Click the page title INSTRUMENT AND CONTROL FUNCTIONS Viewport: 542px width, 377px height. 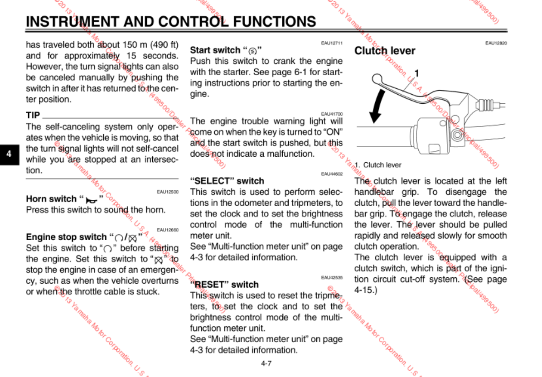pos(171,21)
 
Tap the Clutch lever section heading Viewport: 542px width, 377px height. pos(384,51)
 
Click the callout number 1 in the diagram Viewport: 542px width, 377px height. pos(416,73)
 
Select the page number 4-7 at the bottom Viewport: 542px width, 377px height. pos(266,363)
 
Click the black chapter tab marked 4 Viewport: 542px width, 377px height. pos(9,154)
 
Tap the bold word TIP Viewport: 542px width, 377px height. pos(33,115)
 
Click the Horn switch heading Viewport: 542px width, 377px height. pos(64,199)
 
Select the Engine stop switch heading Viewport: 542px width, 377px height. pos(84,237)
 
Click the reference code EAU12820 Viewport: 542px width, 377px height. pos(496,43)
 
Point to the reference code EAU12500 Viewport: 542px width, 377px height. pos(168,192)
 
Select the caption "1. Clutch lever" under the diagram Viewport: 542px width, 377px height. pos(378,165)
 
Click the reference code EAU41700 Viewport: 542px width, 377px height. pos(332,114)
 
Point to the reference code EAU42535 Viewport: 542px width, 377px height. pos(332,277)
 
